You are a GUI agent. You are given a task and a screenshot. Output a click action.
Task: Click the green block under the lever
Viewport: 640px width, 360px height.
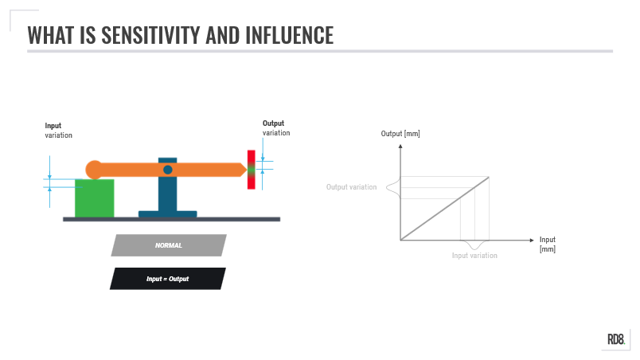click(x=94, y=198)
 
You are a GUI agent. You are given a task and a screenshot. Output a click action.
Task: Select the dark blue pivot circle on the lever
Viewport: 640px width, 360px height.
click(x=168, y=170)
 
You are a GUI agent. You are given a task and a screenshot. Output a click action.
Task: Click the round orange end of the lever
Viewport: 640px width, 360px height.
click(x=94, y=170)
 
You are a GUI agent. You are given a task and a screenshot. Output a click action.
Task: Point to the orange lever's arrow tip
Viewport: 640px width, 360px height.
click(x=244, y=169)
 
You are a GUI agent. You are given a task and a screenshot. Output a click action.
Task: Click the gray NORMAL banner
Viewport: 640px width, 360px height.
click(x=169, y=245)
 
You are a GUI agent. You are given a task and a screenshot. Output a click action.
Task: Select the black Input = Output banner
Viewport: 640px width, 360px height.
click(x=167, y=279)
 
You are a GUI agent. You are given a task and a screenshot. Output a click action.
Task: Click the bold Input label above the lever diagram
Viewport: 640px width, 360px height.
click(x=53, y=125)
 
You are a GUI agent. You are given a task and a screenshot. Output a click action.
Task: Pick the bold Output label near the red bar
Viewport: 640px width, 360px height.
click(x=274, y=123)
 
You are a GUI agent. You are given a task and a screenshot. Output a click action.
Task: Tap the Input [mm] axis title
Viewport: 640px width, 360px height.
click(x=548, y=244)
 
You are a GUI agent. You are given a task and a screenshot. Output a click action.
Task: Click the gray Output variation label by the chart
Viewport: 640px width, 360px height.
click(x=351, y=187)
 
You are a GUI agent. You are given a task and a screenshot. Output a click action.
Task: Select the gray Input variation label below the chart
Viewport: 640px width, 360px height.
click(x=474, y=256)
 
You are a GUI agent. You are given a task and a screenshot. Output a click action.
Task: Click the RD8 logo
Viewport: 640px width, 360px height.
click(x=617, y=339)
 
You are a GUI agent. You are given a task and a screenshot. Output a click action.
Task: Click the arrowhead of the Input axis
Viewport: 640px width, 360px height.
click(x=533, y=239)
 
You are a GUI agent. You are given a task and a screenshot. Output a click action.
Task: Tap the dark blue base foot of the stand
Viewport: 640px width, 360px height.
click(x=167, y=213)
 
